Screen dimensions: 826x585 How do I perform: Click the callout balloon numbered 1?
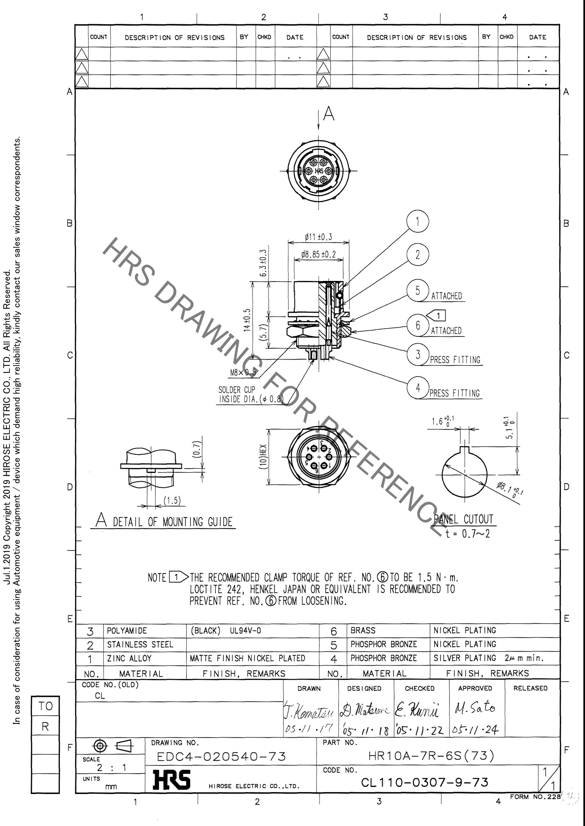click(x=418, y=221)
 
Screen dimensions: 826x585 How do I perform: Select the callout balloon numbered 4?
click(x=418, y=388)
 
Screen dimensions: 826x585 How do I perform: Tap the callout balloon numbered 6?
click(x=418, y=325)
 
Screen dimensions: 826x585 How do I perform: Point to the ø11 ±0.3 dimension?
click(x=318, y=237)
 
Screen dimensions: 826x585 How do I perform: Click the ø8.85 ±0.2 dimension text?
click(x=318, y=255)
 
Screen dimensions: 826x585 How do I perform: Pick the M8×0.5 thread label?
click(x=243, y=372)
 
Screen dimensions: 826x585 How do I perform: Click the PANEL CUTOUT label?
click(x=463, y=519)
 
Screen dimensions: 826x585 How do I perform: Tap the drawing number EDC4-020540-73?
click(x=221, y=756)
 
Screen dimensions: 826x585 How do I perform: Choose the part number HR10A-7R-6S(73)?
click(x=431, y=755)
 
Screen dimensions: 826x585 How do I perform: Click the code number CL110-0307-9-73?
click(x=425, y=782)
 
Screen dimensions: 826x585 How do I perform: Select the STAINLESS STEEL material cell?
click(x=140, y=644)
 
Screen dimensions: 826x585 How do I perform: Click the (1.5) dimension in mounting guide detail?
click(x=172, y=500)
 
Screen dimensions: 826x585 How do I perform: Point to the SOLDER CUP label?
click(x=237, y=390)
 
